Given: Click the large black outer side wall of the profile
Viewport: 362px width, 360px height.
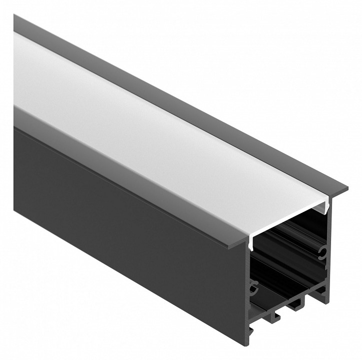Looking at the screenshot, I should (x=125, y=225).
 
